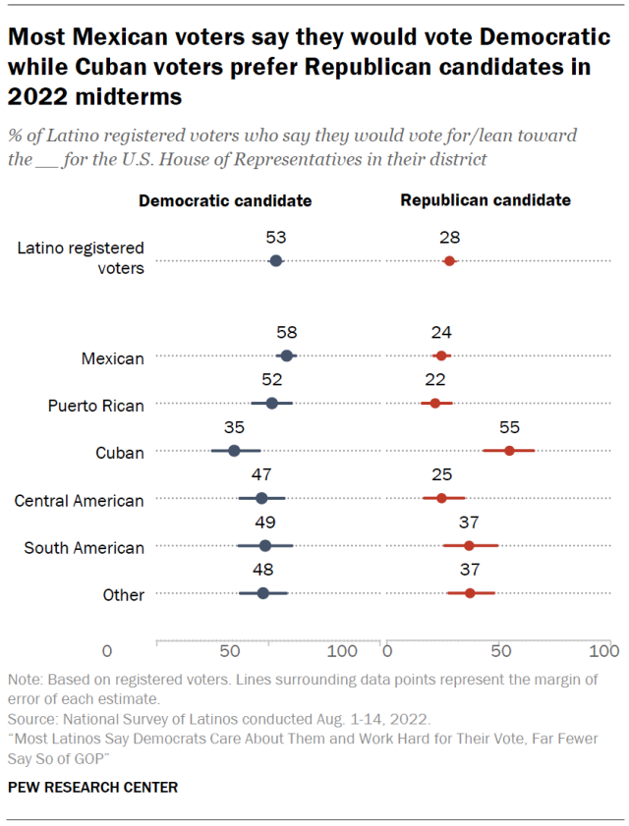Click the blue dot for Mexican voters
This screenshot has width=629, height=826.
(x=286, y=356)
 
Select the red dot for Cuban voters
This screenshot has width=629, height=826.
(x=509, y=450)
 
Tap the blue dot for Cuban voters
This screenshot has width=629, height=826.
(x=234, y=450)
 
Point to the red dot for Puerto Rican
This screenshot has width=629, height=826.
(x=435, y=403)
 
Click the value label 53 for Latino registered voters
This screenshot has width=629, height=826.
(x=275, y=238)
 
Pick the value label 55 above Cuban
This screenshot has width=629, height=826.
(x=509, y=427)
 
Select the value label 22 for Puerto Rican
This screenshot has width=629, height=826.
(x=435, y=380)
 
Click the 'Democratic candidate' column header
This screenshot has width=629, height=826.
(x=225, y=200)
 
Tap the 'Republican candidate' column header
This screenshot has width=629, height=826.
(x=486, y=200)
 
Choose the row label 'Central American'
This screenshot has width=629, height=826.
(x=79, y=500)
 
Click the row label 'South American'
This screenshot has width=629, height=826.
(x=84, y=547)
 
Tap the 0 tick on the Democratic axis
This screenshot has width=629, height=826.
(x=107, y=651)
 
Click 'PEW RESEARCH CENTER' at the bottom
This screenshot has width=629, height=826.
(x=92, y=788)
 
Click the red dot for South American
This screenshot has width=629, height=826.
(x=469, y=545)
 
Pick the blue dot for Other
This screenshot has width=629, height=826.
(x=262, y=593)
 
